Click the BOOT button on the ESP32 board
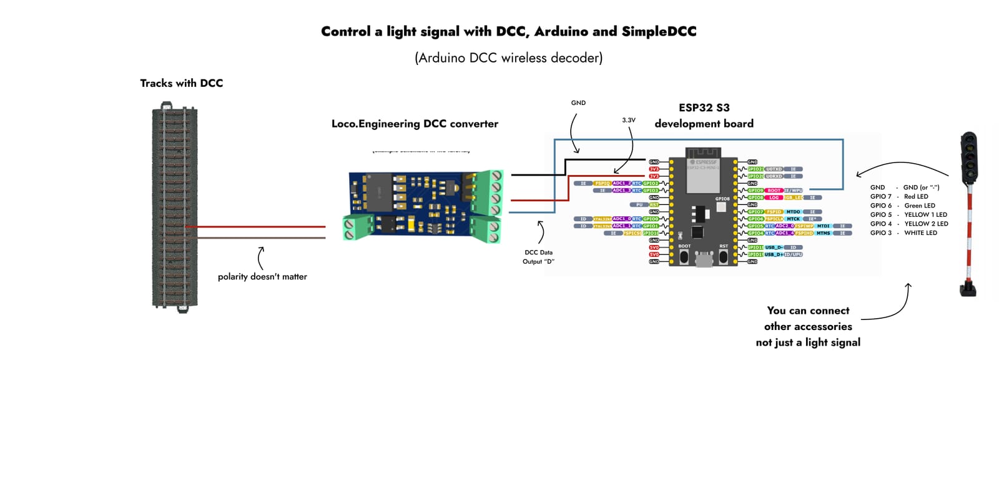click(x=684, y=257)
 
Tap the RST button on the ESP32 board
click(x=723, y=257)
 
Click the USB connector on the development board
click(x=704, y=259)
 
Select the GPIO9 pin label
click(x=755, y=191)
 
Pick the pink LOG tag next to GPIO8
click(x=774, y=197)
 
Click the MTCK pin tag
click(x=793, y=219)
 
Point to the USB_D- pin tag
click(x=774, y=247)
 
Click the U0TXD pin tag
click(x=774, y=169)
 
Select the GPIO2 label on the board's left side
click(x=651, y=183)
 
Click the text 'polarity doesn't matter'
click(x=262, y=276)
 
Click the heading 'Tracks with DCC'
click(x=181, y=83)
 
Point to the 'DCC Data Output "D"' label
click(x=538, y=257)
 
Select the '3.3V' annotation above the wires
click(x=628, y=120)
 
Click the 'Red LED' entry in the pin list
click(x=916, y=196)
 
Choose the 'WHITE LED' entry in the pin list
click(x=920, y=232)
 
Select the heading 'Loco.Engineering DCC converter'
click(x=415, y=124)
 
